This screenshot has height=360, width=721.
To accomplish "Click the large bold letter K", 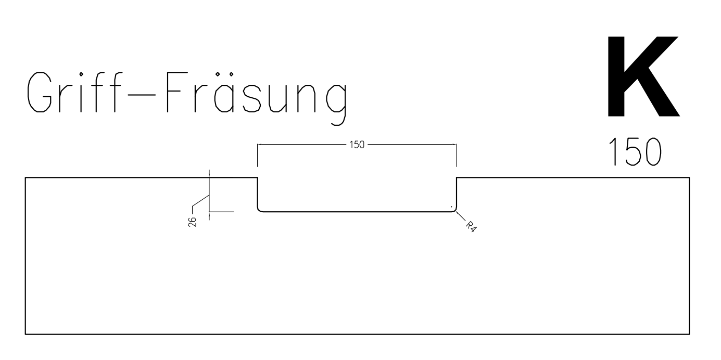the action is click(642, 76).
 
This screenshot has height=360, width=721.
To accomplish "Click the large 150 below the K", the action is click(635, 152).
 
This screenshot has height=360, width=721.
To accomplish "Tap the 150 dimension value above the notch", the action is click(357, 145).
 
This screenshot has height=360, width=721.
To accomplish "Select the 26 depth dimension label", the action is click(192, 222).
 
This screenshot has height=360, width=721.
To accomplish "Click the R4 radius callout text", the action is click(471, 226).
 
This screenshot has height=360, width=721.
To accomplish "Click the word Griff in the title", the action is click(74, 92).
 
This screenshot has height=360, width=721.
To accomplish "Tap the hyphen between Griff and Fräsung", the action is click(142, 95).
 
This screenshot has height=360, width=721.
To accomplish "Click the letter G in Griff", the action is click(39, 92).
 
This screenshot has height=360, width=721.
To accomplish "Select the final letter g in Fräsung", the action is click(336, 104).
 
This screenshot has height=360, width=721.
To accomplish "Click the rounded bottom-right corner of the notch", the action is click(455, 210).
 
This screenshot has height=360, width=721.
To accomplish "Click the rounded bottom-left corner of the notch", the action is click(259, 210).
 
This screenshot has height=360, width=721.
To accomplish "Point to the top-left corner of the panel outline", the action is click(26, 177).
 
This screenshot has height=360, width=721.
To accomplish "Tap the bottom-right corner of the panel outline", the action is click(689, 335).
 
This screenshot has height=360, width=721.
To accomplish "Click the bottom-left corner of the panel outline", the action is click(26, 335).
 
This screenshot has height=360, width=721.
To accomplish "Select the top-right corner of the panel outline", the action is click(689, 177).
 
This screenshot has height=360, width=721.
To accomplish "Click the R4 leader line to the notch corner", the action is click(461, 216).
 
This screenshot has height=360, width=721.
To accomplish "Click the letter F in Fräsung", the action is click(177, 92).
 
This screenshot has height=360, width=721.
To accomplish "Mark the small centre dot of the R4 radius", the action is click(451, 207).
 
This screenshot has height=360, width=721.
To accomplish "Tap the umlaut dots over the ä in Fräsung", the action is click(224, 74).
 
